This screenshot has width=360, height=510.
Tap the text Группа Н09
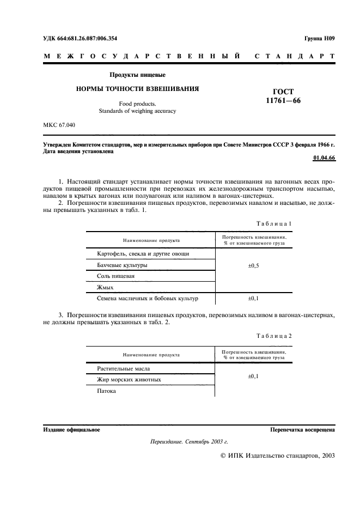point(319,38)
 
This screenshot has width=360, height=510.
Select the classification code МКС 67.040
point(59,125)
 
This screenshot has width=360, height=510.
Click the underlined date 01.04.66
point(324,158)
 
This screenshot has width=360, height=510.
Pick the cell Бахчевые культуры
point(122,265)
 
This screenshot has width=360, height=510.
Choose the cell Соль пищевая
point(116,276)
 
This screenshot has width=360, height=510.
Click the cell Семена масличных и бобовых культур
point(147,299)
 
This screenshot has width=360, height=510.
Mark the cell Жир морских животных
point(129,379)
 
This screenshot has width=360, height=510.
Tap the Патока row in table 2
point(107,391)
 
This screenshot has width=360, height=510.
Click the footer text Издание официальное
point(71,430)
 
